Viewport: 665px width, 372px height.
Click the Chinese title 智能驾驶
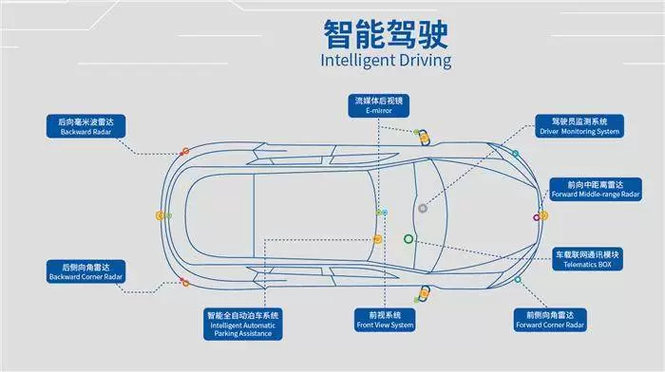pyautogui.click(x=386, y=34)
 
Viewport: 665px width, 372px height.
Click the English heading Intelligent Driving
pyautogui.click(x=386, y=60)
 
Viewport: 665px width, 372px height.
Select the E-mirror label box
pyautogui.click(x=379, y=105)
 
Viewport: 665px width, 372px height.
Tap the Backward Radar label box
pyautogui.click(x=85, y=126)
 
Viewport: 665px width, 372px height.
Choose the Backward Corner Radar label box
pyautogui.click(x=85, y=271)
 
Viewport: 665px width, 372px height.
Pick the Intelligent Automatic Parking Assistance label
pyautogui.click(x=242, y=325)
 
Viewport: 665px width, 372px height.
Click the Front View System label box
pyautogui.click(x=385, y=320)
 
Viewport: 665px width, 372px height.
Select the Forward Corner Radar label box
pyautogui.click(x=550, y=320)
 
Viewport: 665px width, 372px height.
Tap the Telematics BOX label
pyautogui.click(x=587, y=259)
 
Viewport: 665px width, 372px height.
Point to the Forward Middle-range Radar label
pyautogui.click(x=596, y=190)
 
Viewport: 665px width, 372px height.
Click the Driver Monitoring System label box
pyautogui.click(x=579, y=126)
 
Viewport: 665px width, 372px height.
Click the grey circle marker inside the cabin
pyautogui.click(x=423, y=208)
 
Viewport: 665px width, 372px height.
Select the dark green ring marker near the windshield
pyautogui.click(x=408, y=239)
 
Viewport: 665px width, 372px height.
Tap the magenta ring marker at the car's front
pyautogui.click(x=537, y=217)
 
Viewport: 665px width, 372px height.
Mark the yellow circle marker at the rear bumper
pyautogui.click(x=160, y=215)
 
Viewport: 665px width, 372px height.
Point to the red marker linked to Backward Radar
pyautogui.click(x=185, y=151)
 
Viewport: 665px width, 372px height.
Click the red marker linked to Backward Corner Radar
pyautogui.click(x=185, y=282)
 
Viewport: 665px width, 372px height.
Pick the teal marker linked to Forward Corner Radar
pyautogui.click(x=518, y=280)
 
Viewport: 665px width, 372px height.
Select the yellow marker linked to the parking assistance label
pyautogui.click(x=377, y=239)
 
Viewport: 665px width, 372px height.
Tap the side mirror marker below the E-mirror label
pyautogui.click(x=424, y=139)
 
